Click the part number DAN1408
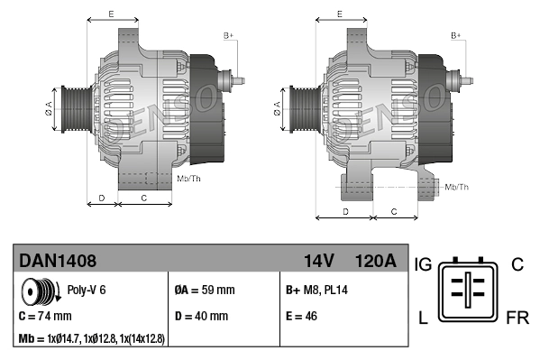tap(58, 261)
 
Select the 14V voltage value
tap(318, 261)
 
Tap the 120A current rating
tap(376, 261)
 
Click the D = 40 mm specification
tap(201, 317)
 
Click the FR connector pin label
tap(517, 319)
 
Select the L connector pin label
tap(421, 319)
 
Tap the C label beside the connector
tap(517, 264)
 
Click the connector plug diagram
tap(469, 291)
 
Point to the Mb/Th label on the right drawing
tap(457, 187)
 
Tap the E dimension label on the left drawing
tap(111, 14)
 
